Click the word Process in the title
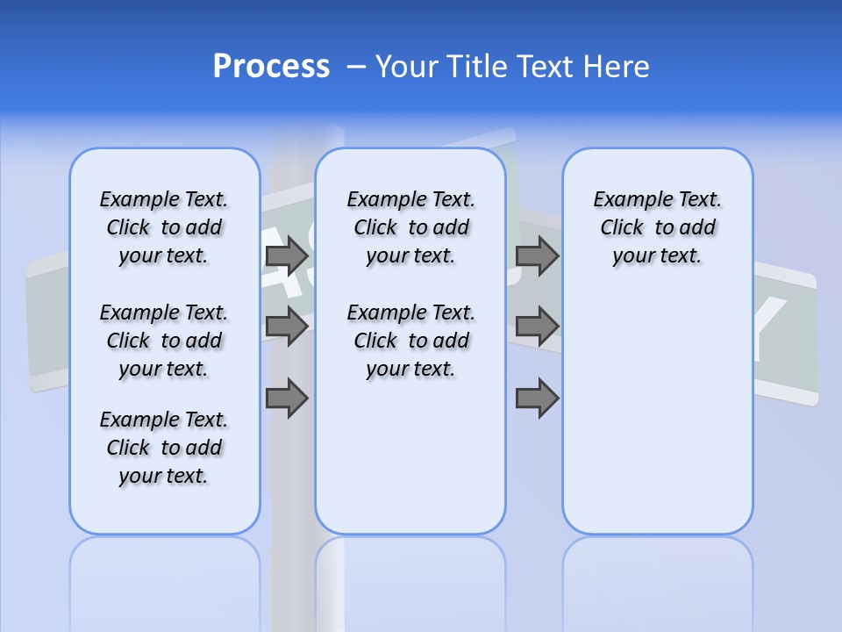click(270, 67)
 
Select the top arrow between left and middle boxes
click(286, 255)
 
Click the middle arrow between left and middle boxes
click(286, 327)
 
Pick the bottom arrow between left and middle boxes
click(286, 399)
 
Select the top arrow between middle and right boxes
click(537, 255)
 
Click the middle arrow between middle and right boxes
click(537, 327)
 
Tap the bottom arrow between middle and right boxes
click(537, 399)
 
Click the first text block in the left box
click(164, 227)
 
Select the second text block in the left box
click(164, 341)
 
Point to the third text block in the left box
click(164, 448)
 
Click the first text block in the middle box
click(410, 227)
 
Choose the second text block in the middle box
click(410, 341)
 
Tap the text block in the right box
click(657, 227)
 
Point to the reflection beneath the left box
click(165, 579)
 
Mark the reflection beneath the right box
click(657, 579)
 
